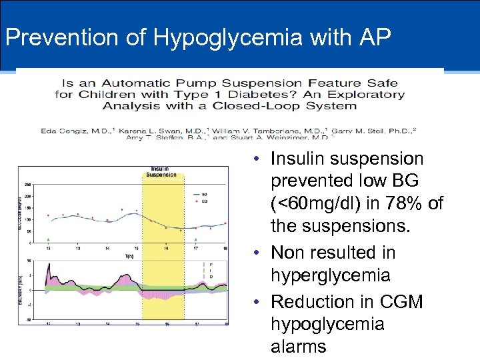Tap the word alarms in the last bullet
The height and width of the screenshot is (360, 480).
coord(299,346)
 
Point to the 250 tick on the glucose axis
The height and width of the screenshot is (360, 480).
coord(28,185)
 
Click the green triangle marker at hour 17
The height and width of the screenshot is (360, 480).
coord(195,238)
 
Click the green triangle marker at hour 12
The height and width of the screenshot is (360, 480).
coord(48,238)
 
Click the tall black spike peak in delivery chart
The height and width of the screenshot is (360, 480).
coord(49,265)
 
